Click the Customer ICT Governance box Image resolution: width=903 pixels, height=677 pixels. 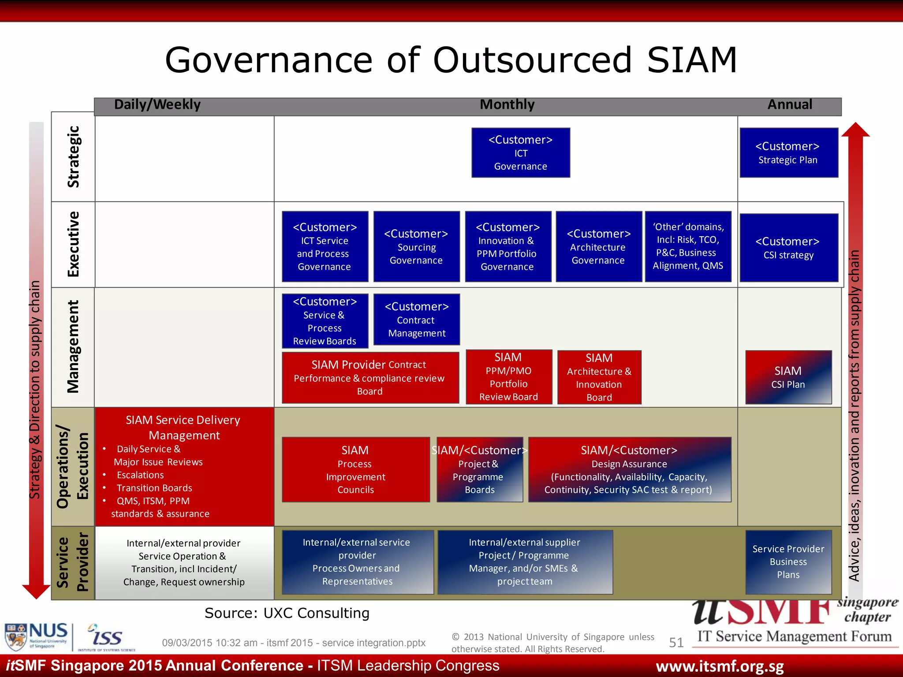coord(520,153)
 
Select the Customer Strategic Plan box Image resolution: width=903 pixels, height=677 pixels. coord(788,153)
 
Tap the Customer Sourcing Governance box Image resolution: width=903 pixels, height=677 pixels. coord(416,246)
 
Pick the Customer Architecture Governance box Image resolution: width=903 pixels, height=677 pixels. coord(598,246)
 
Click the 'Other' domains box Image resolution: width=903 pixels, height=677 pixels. coord(688,246)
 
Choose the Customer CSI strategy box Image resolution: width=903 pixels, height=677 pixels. coord(788,248)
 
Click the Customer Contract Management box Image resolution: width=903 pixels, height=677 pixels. coord(416,320)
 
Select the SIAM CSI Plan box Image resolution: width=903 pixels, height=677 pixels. coord(788,377)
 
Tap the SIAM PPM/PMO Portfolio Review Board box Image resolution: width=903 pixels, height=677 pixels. coord(508,377)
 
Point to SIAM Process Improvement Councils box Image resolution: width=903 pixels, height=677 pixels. coord(355,470)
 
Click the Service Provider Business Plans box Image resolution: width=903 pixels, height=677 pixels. coord(788,562)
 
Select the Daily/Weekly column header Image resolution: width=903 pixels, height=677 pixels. coord(157,105)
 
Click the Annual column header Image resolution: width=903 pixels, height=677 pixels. coord(790,105)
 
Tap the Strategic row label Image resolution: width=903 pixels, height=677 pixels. coord(73,157)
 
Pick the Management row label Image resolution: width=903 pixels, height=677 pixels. coord(73,346)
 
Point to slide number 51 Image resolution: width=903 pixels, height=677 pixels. coord(676,643)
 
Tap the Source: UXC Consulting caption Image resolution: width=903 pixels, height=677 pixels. coord(287,613)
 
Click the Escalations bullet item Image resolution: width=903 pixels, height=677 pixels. coord(140,475)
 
